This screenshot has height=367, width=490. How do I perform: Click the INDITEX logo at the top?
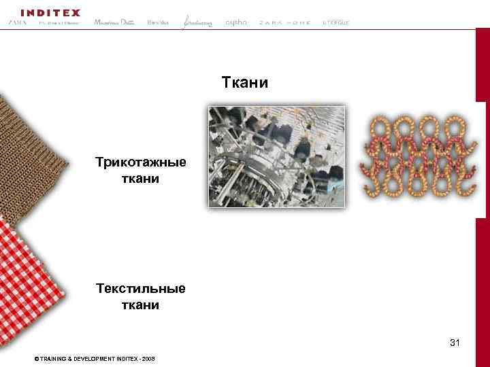50,12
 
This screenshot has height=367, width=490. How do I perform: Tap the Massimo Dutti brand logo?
114,22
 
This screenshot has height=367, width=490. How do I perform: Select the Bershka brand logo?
158,22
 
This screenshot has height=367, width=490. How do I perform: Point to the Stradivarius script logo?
197,22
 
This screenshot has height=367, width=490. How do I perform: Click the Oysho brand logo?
236,22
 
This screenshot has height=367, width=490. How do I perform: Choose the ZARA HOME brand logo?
284,22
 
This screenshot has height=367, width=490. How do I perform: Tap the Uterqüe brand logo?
336,22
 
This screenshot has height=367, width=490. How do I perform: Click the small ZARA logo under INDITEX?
17,22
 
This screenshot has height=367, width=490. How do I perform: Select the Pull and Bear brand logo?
59,23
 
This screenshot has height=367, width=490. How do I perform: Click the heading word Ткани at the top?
245,83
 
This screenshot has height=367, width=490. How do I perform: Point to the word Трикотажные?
141,164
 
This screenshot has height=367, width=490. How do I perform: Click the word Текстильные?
141,289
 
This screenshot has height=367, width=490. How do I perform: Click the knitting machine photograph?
276,156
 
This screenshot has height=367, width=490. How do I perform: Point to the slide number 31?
455,343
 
